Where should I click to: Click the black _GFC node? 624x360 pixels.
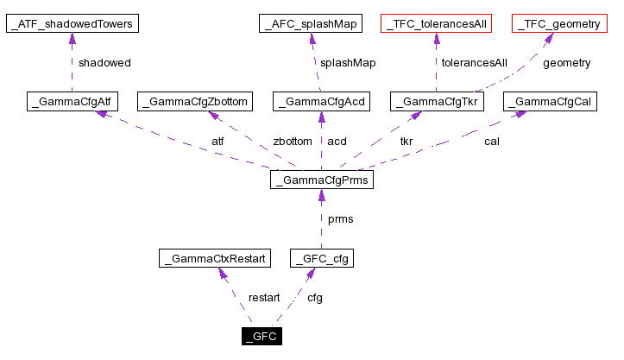(x=262, y=336)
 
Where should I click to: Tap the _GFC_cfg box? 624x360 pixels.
(x=322, y=258)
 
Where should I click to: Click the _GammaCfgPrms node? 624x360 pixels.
(x=321, y=180)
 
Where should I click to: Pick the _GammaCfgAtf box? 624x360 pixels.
(x=72, y=103)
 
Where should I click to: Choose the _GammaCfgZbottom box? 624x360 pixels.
(x=197, y=103)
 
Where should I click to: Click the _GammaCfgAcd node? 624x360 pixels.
(x=321, y=103)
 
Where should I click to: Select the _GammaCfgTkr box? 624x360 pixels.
(x=437, y=103)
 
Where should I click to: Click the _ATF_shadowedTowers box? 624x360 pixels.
(x=72, y=24)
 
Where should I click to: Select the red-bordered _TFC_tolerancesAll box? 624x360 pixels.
(x=437, y=24)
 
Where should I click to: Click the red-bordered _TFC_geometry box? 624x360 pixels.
(x=558, y=24)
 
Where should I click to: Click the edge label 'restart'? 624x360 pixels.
(x=264, y=298)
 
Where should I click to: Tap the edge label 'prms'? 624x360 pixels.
(x=340, y=219)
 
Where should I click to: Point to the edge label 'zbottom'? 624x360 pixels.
(x=292, y=141)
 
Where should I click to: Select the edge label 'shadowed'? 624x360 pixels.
(x=104, y=63)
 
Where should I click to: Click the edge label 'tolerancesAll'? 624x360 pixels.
(x=474, y=63)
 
